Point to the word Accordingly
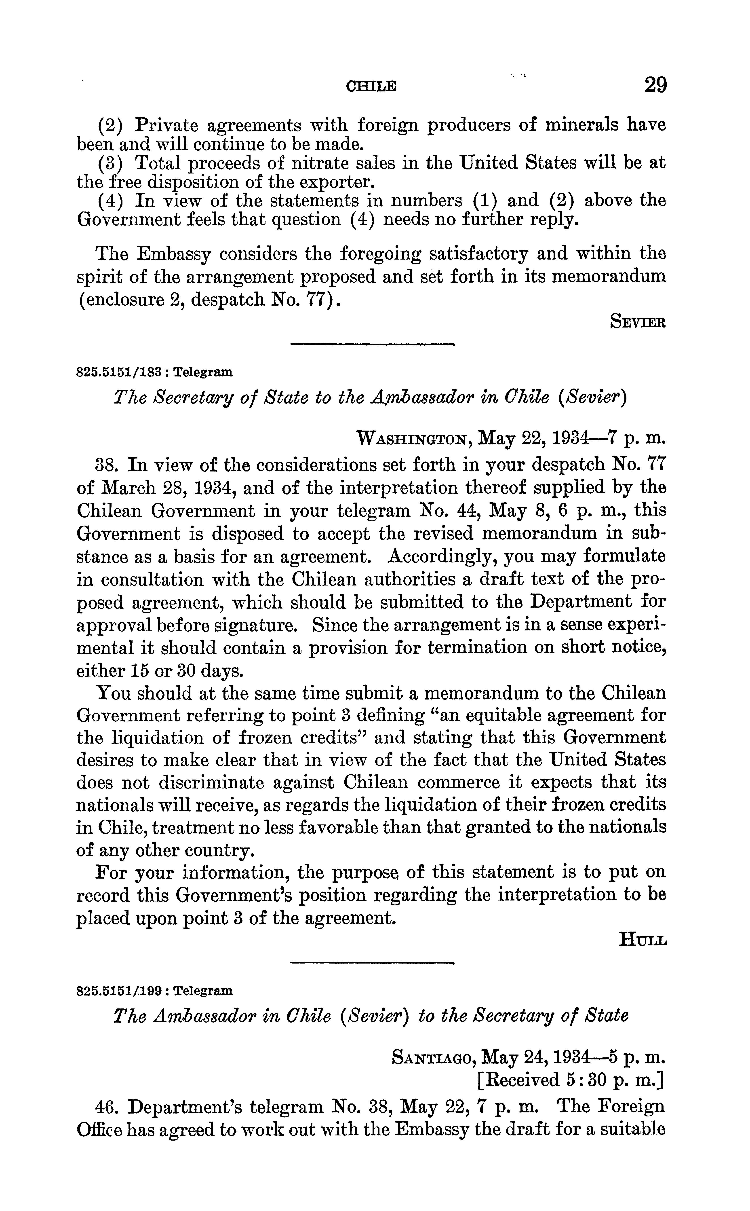tap(438, 556)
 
